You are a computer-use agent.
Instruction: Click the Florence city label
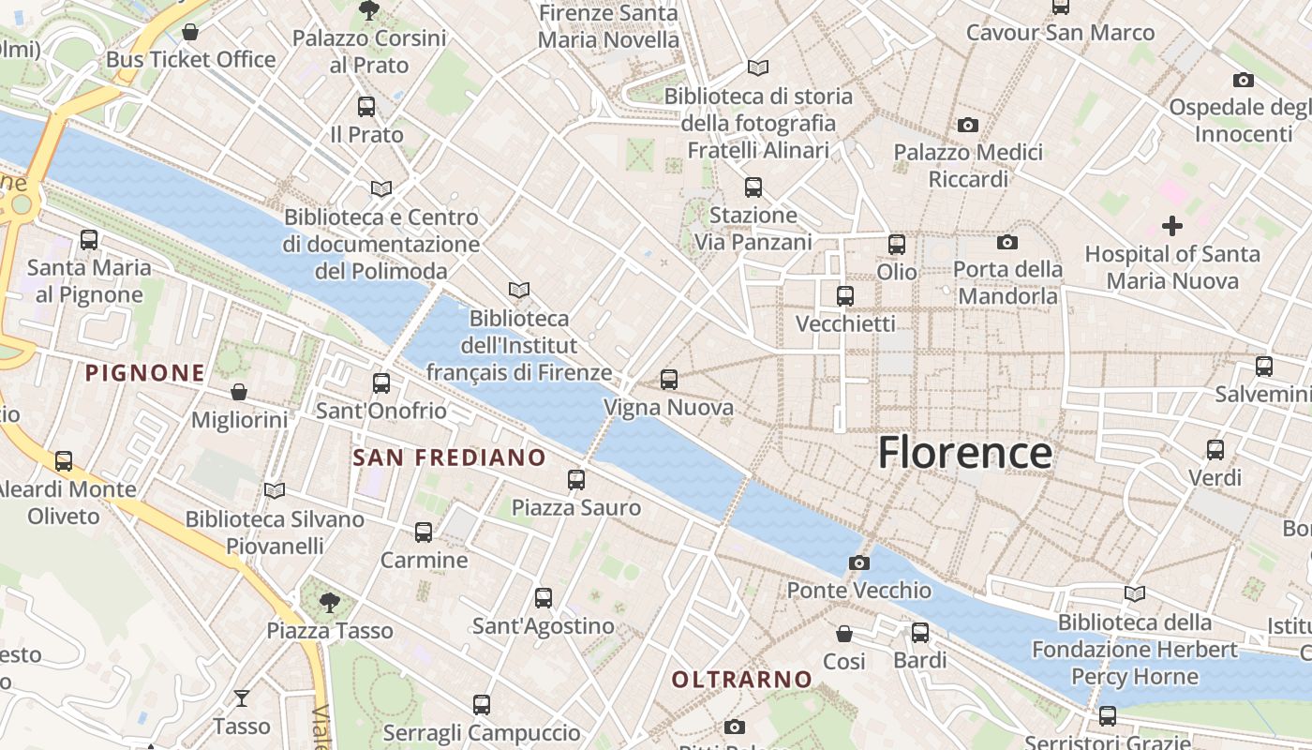click(965, 453)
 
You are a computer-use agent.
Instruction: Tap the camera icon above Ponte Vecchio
click(858, 562)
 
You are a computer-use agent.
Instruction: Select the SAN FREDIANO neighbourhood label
click(449, 457)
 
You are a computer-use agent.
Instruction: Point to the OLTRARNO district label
click(742, 679)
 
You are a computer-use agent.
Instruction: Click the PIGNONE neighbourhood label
click(145, 373)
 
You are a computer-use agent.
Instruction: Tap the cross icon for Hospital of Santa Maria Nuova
click(1171, 226)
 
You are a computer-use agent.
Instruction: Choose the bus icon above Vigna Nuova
click(668, 380)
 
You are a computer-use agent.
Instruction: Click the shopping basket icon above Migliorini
click(239, 392)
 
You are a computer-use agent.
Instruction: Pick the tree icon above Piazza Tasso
click(329, 602)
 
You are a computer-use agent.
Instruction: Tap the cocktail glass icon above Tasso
click(242, 698)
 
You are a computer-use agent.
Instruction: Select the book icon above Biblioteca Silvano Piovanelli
click(274, 490)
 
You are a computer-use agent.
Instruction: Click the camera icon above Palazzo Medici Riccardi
click(968, 125)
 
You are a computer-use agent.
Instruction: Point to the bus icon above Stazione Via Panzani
click(753, 187)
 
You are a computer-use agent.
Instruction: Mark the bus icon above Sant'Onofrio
click(380, 382)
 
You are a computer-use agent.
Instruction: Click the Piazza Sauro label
click(575, 508)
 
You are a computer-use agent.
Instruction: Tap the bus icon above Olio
click(896, 245)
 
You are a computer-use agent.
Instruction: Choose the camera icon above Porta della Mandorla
click(1007, 242)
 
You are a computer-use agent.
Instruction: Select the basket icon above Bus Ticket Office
click(190, 33)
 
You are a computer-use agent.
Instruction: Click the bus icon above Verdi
click(1215, 450)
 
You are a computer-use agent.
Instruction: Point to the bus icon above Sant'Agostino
click(543, 597)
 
